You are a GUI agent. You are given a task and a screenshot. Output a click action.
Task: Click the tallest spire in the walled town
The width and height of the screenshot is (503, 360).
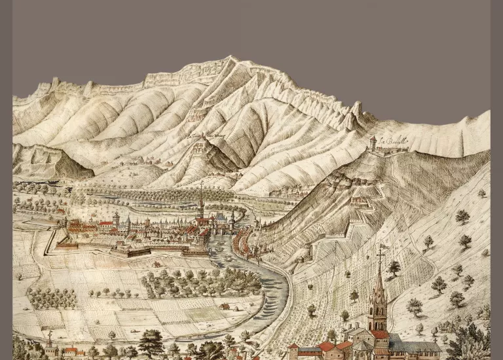point(201,203)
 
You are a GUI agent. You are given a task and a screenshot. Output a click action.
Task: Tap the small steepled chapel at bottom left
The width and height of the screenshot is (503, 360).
point(50,344)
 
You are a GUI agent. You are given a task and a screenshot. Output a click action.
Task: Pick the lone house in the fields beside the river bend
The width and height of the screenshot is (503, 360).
point(225,306)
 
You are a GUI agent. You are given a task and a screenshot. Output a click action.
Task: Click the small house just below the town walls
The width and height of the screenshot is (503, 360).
point(157,264)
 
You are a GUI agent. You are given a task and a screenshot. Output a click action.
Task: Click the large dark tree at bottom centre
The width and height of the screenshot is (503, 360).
point(151,343)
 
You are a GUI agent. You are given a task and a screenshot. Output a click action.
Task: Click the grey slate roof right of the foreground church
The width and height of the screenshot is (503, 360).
point(419,346)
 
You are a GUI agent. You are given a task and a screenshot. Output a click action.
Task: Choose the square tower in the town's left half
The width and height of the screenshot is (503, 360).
point(116,218)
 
